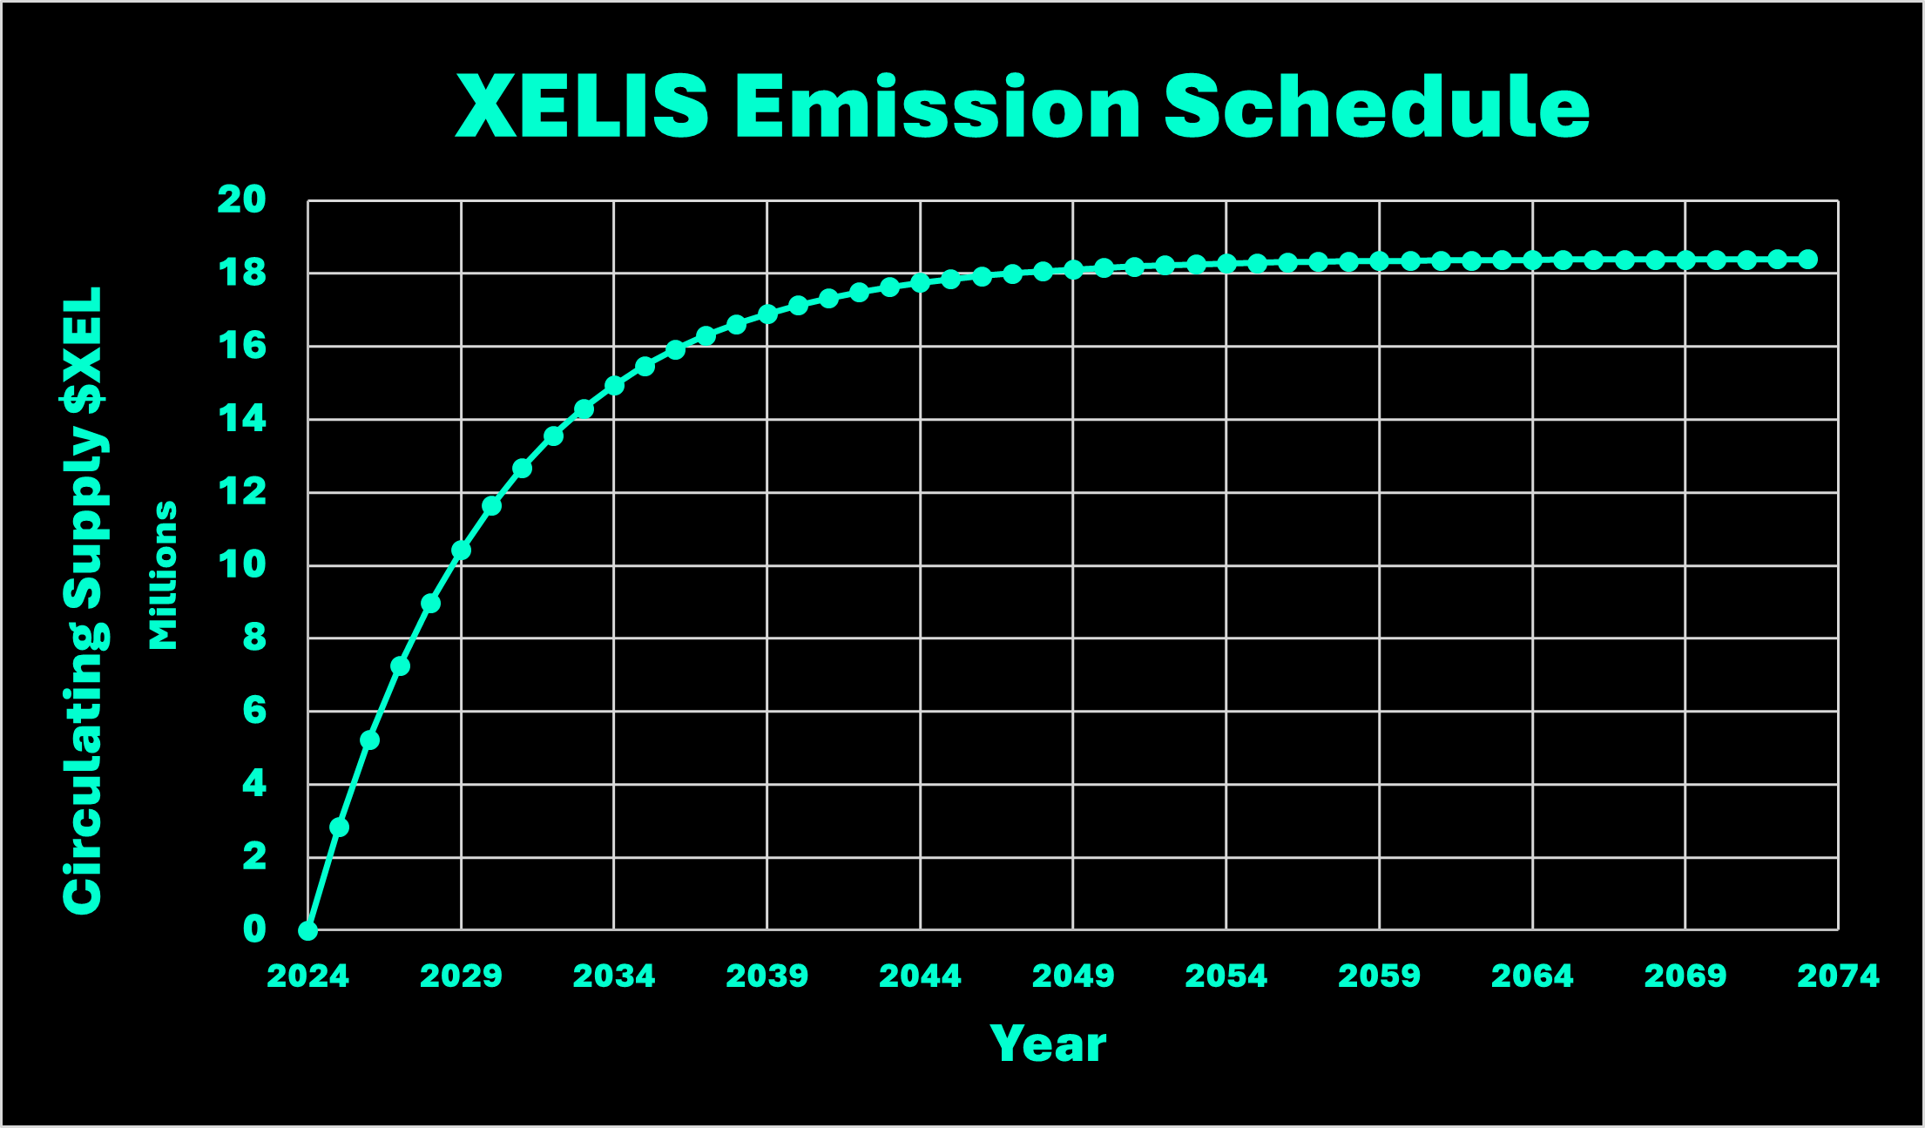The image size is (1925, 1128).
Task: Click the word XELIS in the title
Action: pos(582,106)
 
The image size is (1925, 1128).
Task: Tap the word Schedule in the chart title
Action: pos(1376,106)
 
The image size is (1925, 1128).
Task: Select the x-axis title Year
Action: pos(1048,1044)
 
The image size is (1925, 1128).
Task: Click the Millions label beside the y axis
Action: pos(163,575)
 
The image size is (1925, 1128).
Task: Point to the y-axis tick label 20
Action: pos(241,199)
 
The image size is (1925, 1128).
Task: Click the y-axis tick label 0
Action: pos(253,929)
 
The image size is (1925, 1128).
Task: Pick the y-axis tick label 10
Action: pos(241,564)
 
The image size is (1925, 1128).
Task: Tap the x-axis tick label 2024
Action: pos(307,976)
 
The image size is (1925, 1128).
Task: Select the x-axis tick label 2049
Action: pos(1073,976)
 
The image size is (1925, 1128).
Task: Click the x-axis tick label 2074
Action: pos(1838,976)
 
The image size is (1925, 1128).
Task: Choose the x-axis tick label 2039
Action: pos(767,976)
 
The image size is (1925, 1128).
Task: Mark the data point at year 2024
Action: pos(307,930)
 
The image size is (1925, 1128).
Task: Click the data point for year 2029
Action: pos(461,550)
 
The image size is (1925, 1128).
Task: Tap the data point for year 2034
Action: pos(614,385)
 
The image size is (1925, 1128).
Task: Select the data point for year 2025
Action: pos(339,827)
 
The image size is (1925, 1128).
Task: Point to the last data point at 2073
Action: pos(1807,260)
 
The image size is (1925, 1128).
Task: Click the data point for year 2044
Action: pos(920,283)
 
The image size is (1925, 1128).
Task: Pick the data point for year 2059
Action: pos(1379,261)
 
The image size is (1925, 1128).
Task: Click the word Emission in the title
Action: pos(937,106)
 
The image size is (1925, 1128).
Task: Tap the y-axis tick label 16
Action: pos(241,346)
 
